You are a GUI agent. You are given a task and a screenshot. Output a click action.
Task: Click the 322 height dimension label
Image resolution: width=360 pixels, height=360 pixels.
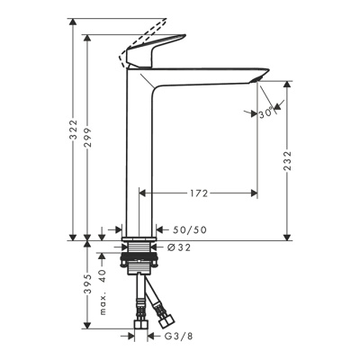(x=73, y=130)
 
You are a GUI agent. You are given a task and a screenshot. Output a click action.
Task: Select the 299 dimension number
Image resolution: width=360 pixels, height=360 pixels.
(x=87, y=138)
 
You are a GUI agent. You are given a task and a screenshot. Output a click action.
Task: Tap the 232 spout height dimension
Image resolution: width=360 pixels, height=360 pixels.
(x=287, y=160)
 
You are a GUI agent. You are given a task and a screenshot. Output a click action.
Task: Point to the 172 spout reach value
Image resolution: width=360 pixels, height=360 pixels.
(x=199, y=193)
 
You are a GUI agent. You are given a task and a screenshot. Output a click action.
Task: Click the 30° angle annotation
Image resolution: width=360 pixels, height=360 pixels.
(x=266, y=113)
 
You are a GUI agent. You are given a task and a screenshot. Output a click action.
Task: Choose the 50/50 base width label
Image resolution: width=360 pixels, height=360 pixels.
(x=190, y=230)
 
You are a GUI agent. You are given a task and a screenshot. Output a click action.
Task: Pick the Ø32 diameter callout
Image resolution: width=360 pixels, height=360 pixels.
(x=179, y=247)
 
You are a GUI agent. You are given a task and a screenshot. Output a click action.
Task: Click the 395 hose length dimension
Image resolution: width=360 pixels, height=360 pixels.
(x=87, y=284)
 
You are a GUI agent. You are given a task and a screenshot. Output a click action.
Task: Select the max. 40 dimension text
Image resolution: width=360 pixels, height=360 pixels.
(x=103, y=292)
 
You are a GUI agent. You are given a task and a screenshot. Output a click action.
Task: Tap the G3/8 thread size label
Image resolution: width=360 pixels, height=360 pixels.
(x=178, y=337)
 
